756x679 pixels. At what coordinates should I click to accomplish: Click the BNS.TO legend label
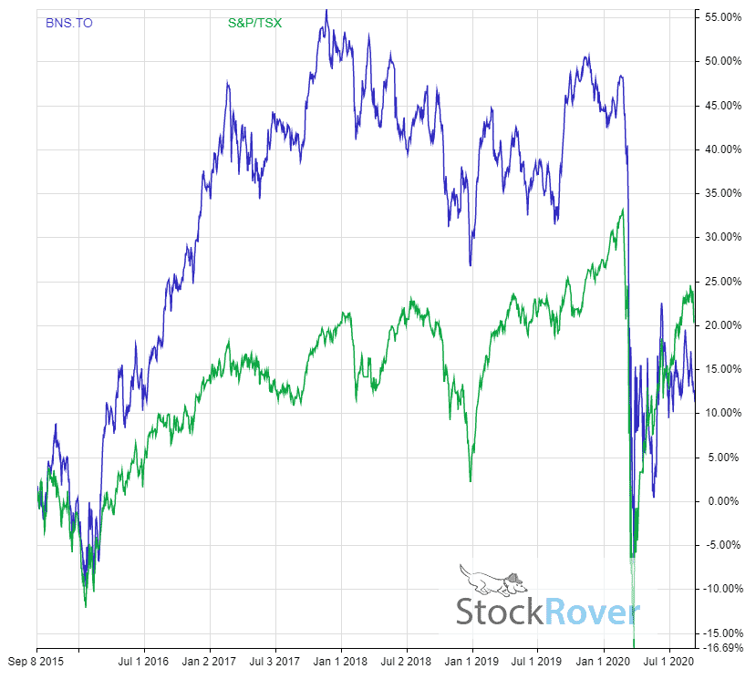point(68,23)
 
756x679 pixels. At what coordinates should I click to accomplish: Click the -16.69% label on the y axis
point(722,647)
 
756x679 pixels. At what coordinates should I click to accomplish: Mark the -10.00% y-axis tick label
point(722,589)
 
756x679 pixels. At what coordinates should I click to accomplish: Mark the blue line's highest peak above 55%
point(326,10)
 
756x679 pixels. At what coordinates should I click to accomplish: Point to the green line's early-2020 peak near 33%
point(622,211)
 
